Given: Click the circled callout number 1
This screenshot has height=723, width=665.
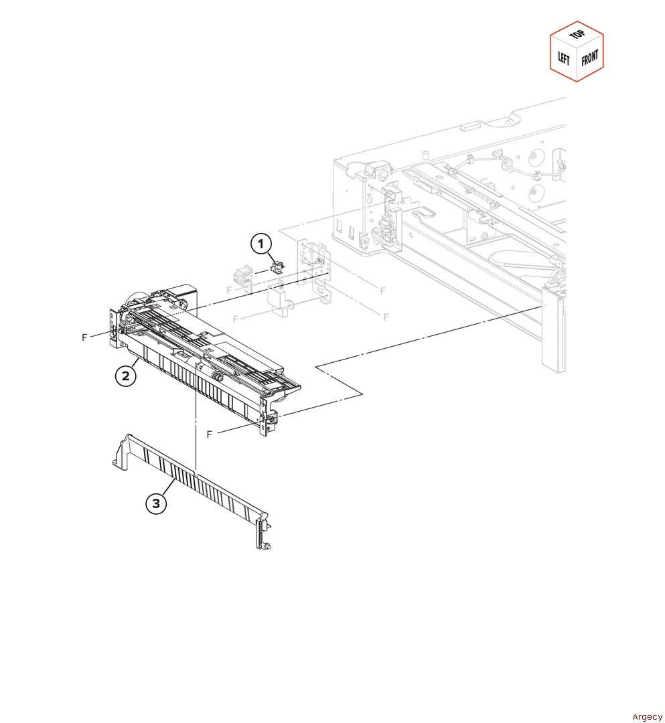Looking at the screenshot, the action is [261, 244].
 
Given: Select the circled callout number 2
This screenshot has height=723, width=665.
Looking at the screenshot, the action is [125, 376].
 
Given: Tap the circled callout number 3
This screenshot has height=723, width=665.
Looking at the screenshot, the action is [156, 503].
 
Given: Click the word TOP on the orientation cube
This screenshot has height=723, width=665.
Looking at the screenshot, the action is [577, 34].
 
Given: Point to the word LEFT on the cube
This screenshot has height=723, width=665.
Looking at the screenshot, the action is [564, 58].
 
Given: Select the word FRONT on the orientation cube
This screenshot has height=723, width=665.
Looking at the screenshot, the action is [590, 58].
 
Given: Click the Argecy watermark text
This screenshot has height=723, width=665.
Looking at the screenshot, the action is [647, 716].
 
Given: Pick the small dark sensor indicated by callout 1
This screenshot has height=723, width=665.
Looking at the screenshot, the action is [277, 266].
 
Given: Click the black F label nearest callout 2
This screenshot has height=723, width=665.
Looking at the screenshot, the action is [84, 337].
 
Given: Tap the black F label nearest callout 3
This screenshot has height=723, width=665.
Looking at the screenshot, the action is [210, 434].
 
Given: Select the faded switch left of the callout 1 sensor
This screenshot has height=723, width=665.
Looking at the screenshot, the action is [243, 278].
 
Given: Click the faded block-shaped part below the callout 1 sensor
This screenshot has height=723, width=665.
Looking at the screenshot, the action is [279, 300].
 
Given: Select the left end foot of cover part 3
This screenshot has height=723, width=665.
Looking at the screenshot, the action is [121, 454].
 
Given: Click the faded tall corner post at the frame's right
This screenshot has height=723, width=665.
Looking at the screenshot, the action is [553, 328].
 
